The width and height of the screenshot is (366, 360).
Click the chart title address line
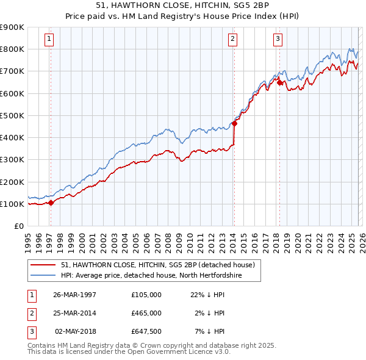182,5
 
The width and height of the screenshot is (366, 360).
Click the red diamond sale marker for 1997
51,203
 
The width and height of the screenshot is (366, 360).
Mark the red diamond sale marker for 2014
234,124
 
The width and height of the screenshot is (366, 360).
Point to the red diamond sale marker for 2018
279,83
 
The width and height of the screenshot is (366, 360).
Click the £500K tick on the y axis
12,115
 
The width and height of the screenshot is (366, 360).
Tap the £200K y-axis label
12,182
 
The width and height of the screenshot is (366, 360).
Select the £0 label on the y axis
18,226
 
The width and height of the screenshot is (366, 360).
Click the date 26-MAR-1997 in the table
75,295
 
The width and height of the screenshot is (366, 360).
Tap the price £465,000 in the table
146,313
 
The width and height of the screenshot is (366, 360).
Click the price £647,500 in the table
146,331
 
